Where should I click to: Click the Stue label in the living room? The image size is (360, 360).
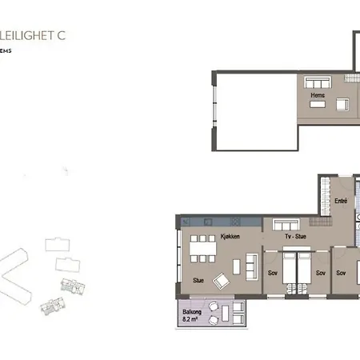(x=198, y=281)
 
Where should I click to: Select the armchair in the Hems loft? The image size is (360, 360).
(x=342, y=103)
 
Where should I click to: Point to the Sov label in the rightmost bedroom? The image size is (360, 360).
(x=341, y=274)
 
